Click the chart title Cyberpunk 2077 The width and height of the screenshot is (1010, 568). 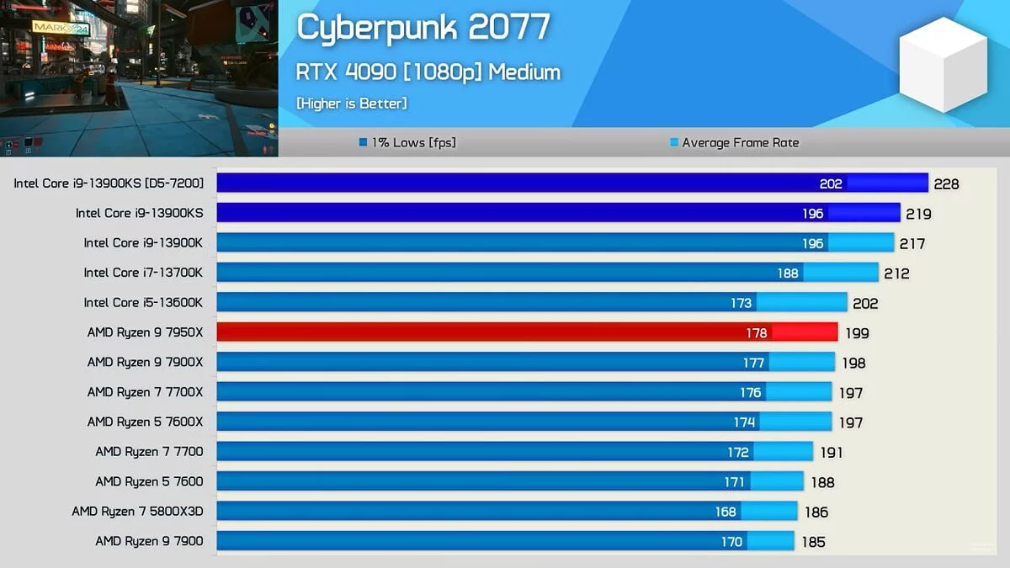(x=423, y=28)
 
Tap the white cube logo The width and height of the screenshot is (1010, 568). (x=943, y=64)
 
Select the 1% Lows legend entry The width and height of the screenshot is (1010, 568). (x=407, y=143)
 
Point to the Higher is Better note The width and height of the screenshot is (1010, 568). (x=352, y=104)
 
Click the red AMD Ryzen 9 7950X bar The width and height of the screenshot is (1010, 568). (x=527, y=332)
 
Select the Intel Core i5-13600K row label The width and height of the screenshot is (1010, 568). (x=143, y=302)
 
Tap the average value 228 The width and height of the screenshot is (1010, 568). (x=946, y=184)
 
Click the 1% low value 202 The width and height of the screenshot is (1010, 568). (x=831, y=184)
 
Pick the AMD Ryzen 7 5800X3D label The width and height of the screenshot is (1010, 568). (x=137, y=511)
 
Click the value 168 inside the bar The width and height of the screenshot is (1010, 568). (x=726, y=512)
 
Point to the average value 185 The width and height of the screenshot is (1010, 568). (x=813, y=542)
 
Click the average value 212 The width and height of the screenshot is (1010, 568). (x=896, y=273)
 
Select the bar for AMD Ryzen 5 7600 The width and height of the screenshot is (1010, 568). (x=510, y=481)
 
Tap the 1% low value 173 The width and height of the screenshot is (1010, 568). (x=742, y=303)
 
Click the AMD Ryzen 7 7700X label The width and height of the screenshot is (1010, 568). (x=145, y=392)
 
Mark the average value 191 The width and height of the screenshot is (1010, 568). (x=831, y=453)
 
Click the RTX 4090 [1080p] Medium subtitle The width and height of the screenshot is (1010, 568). (x=428, y=72)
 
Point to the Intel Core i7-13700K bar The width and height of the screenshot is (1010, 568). (x=547, y=273)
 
